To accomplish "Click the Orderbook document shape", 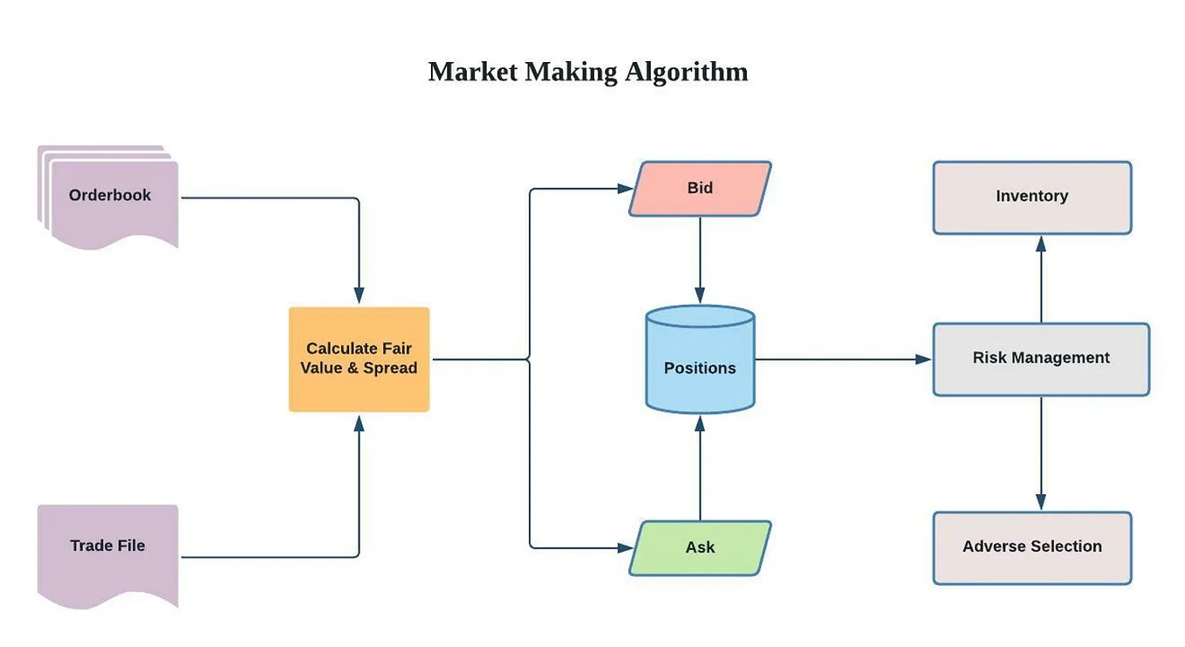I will tap(111, 196).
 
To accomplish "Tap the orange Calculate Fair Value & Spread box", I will tap(359, 359).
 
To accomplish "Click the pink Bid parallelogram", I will tap(700, 188).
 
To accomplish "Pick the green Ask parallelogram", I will tap(700, 547).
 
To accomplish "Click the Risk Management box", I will tap(1041, 359).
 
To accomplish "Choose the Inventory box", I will tap(1032, 197).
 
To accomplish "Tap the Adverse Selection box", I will tap(1032, 547).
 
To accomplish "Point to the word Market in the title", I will tap(472, 72).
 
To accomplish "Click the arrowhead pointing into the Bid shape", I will tap(625, 189).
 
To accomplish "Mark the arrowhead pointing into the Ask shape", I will tap(625, 548).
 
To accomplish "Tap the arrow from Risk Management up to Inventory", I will tap(1041, 279).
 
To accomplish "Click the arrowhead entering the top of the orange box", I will tap(359, 297).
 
